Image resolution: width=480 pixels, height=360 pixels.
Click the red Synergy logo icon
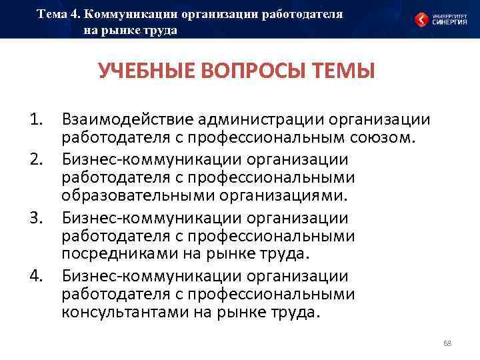click(x=421, y=19)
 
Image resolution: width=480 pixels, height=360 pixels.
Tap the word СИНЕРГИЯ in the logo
click(x=448, y=23)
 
